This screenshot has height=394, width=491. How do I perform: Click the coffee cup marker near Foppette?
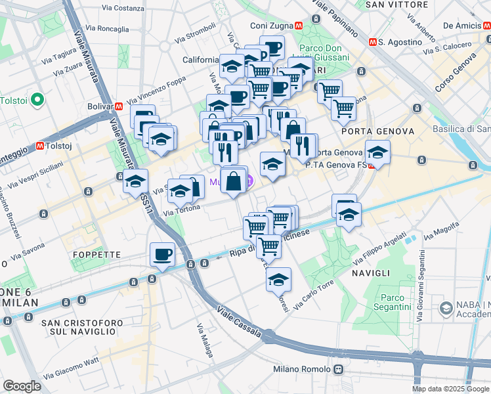[x=162, y=254]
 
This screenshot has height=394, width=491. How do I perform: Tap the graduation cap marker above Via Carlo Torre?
[x=278, y=279]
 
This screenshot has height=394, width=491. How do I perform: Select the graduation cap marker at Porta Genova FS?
[x=377, y=153]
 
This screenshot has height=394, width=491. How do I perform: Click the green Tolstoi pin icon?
[x=37, y=100]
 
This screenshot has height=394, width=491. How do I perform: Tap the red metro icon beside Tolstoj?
[x=41, y=145]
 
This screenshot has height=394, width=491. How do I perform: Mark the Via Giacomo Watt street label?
[x=70, y=368]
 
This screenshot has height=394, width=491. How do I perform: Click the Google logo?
[x=22, y=386]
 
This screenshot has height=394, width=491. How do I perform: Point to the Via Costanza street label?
[x=123, y=9]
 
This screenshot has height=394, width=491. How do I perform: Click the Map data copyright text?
[x=450, y=389]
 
